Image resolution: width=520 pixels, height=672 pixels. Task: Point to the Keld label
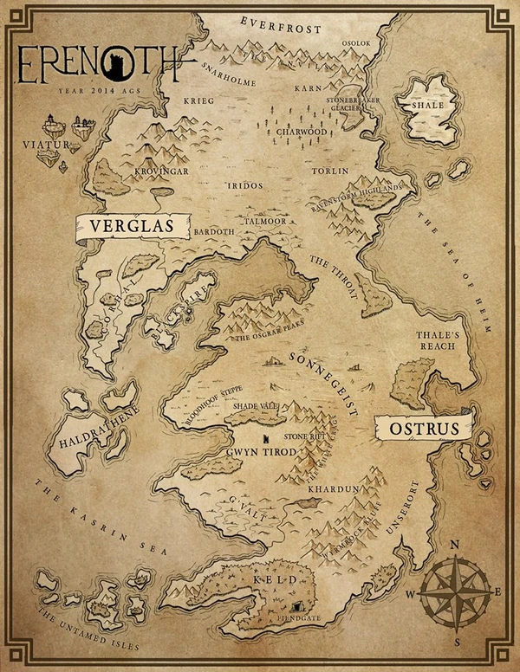[x=270, y=578]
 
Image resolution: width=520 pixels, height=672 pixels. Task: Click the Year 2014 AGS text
[x=94, y=89]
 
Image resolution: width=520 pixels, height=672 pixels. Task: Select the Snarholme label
[x=227, y=68]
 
